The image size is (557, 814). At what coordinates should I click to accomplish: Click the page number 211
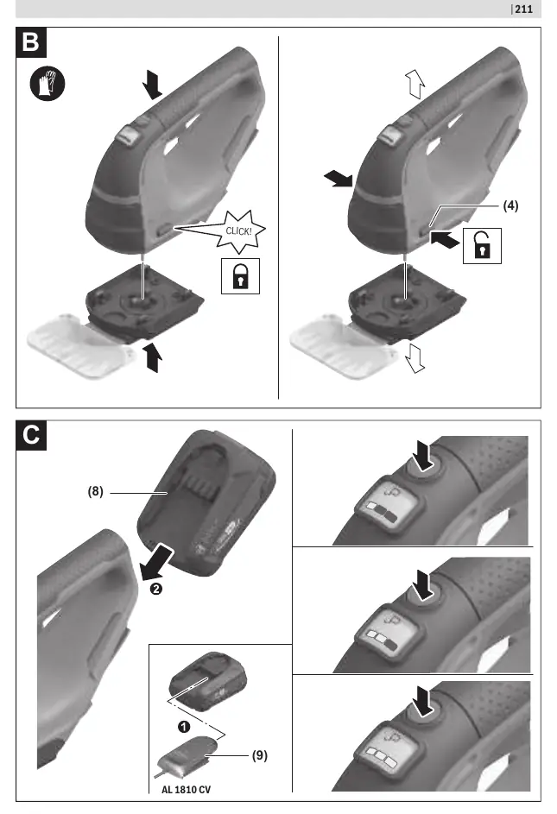(x=523, y=9)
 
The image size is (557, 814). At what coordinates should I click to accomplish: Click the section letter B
(x=31, y=42)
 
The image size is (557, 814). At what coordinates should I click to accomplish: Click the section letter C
(x=31, y=435)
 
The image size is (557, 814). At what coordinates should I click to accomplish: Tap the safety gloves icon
(x=47, y=84)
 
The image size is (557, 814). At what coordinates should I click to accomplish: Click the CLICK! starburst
(x=239, y=231)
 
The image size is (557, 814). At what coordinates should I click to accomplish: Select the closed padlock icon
(x=240, y=276)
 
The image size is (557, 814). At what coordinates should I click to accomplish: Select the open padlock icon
(x=482, y=245)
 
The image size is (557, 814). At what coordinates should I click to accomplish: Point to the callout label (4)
(x=510, y=205)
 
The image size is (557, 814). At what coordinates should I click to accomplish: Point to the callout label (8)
(x=95, y=491)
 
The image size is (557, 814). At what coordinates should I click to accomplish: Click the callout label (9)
(x=260, y=755)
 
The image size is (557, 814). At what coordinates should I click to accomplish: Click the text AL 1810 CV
(x=186, y=790)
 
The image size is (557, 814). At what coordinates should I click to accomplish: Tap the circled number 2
(x=155, y=589)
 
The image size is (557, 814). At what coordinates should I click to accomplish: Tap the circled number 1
(x=184, y=727)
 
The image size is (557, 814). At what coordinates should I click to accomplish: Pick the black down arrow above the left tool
(x=152, y=85)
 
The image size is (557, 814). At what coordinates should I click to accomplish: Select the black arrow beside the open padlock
(x=445, y=239)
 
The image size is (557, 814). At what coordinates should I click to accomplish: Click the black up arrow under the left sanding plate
(x=152, y=357)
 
